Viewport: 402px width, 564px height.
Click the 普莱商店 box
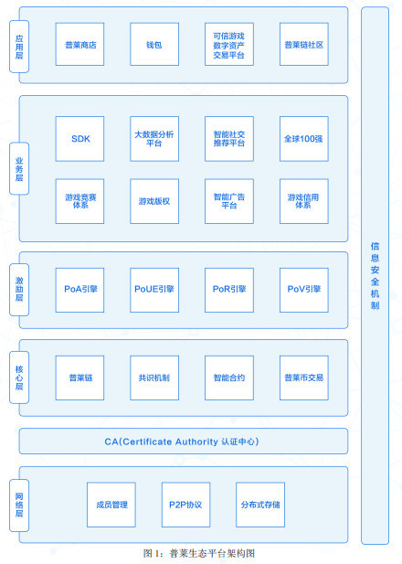(79, 44)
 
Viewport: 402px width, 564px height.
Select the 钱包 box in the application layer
(154, 44)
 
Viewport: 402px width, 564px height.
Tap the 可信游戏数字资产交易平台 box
(229, 44)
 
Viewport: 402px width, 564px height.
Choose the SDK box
(79, 139)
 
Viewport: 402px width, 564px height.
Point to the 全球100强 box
(304, 139)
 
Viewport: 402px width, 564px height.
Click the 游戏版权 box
(154, 201)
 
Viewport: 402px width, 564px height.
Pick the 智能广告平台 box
(229, 201)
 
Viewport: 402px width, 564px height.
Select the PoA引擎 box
(79, 290)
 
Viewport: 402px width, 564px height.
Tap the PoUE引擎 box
(154, 290)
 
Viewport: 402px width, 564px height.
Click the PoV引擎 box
(304, 290)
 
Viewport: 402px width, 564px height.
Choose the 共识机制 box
(154, 378)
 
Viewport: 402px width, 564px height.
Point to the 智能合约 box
(229, 378)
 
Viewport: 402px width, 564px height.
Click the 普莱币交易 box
(304, 378)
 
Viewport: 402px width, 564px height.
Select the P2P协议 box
(185, 505)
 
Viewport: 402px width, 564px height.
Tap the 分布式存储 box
(260, 505)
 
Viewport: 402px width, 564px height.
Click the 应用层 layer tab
(19, 47)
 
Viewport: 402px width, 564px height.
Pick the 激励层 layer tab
(19, 290)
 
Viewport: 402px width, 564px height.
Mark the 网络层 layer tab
(19, 505)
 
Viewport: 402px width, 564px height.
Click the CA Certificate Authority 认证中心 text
(182, 442)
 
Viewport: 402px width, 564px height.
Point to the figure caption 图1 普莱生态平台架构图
(199, 553)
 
